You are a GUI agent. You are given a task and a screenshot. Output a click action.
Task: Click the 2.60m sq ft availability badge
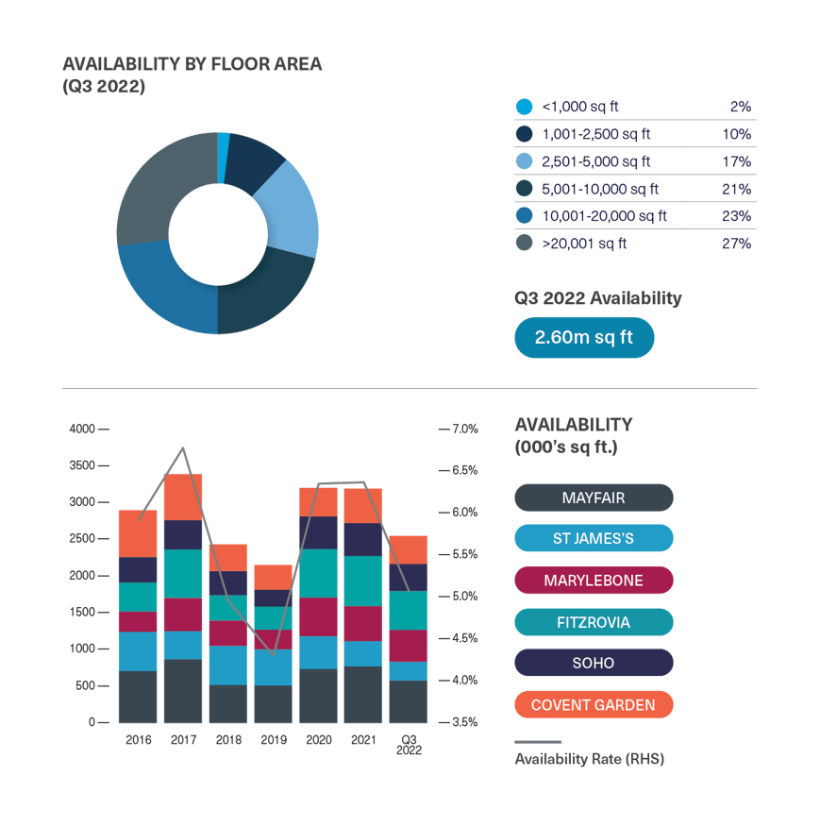pos(583,337)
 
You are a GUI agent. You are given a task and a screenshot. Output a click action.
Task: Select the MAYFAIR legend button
pos(594,497)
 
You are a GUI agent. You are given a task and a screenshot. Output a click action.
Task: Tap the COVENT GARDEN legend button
pos(594,705)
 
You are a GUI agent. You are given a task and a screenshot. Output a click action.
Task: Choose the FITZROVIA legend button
pos(594,622)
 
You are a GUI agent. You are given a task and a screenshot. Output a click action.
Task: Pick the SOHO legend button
pos(594,664)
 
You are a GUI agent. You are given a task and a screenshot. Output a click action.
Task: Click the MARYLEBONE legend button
pos(594,581)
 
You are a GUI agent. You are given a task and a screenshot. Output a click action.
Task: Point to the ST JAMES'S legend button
pos(594,539)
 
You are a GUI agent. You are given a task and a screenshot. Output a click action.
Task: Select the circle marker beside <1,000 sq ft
pos(525,107)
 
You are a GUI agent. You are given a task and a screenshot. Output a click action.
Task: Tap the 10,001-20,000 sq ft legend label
pos(605,216)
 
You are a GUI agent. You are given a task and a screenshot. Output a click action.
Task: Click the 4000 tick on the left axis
pos(82,430)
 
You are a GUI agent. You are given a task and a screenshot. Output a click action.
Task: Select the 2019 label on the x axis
pos(274,740)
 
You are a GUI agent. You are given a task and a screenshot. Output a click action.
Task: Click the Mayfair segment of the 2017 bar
pos(183,690)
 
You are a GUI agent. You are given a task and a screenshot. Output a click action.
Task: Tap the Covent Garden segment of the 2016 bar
pos(138,533)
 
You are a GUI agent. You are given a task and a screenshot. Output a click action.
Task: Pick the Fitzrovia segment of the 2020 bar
pos(319,573)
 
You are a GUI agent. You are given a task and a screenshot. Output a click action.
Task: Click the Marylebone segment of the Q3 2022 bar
pos(410,646)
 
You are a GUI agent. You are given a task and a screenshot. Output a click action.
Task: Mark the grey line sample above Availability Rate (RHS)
pos(538,742)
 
